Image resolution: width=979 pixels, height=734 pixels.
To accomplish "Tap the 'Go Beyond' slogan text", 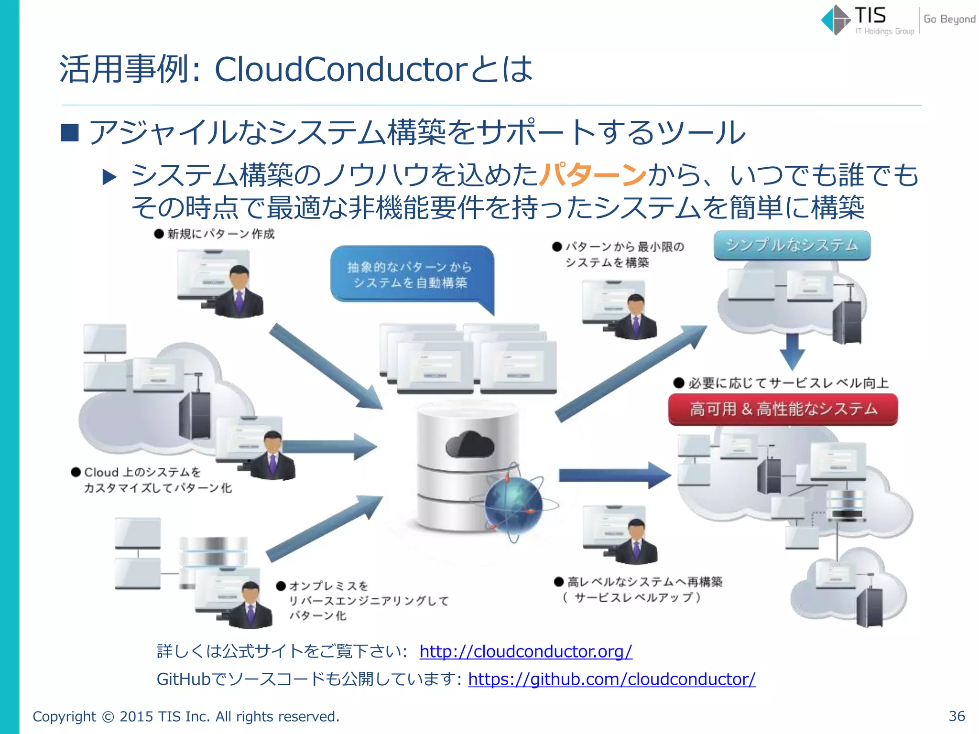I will [x=949, y=19].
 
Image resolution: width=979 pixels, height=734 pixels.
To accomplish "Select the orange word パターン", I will [x=593, y=175].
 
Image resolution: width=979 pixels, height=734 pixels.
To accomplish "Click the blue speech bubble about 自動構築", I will [x=410, y=275].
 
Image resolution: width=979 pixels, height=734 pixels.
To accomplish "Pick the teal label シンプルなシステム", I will [x=792, y=246].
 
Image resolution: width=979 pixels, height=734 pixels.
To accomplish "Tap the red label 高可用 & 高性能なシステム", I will [x=783, y=409].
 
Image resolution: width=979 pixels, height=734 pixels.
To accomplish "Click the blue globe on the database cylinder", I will [x=514, y=504].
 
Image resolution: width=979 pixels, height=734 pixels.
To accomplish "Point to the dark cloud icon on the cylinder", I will [x=470, y=444].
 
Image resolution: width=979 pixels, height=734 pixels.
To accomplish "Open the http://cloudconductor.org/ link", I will [x=526, y=651].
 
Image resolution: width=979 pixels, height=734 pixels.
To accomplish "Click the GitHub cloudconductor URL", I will [x=612, y=679].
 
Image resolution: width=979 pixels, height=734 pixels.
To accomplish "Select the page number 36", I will [x=957, y=716].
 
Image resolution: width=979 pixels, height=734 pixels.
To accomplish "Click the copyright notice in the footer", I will [x=186, y=716].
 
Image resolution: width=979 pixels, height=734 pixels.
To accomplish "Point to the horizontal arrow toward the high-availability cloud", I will [x=614, y=475].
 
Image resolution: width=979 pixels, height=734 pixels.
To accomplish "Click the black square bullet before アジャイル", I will [x=70, y=133].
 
